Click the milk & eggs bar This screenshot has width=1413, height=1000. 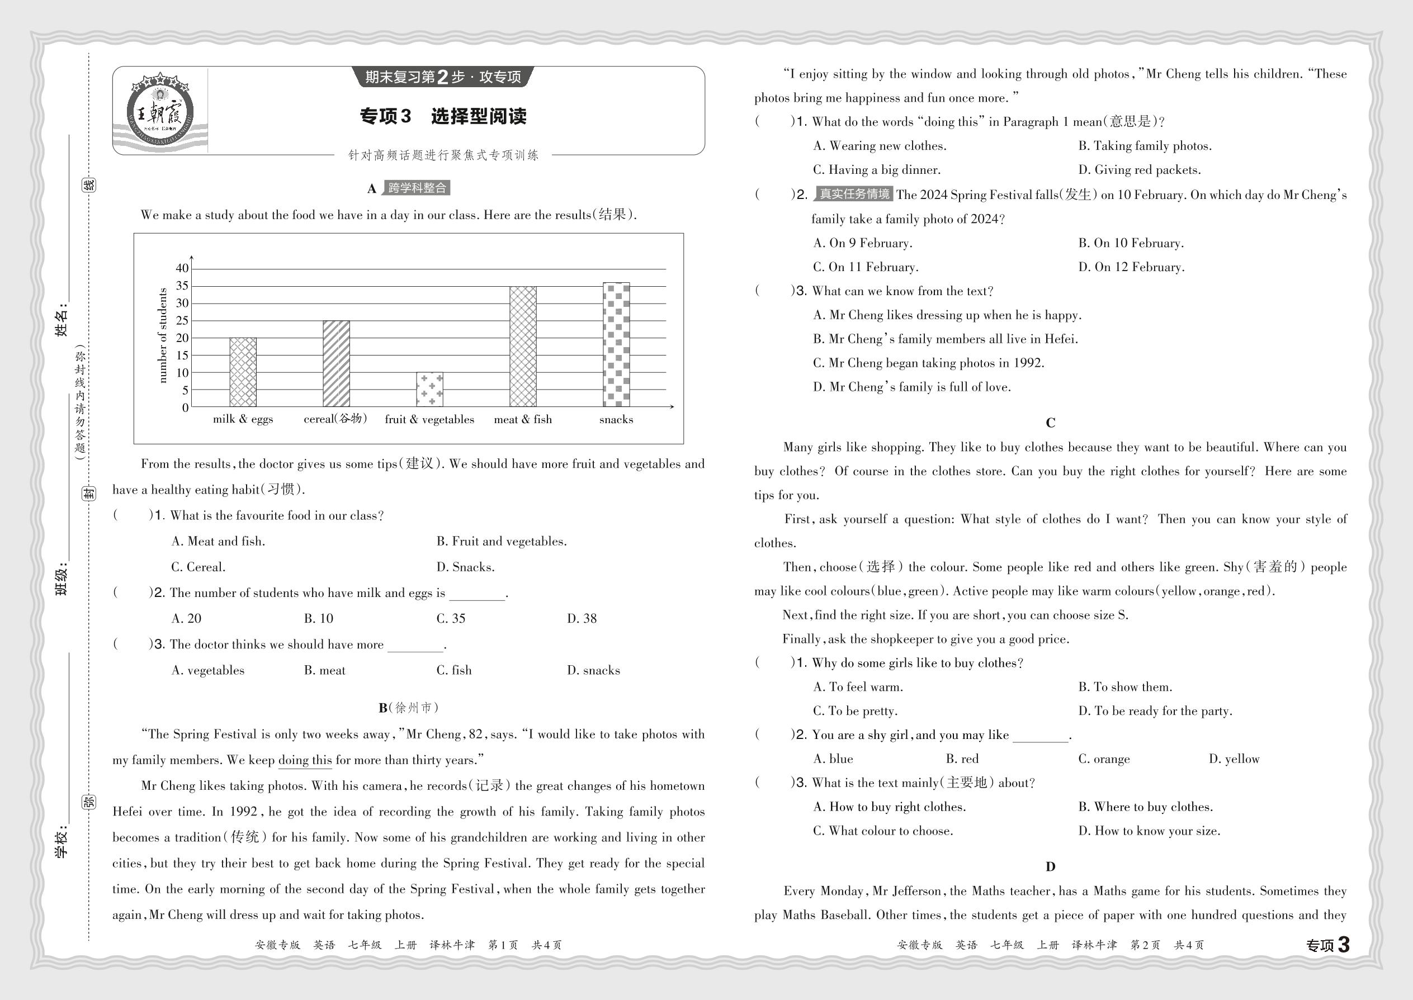243,372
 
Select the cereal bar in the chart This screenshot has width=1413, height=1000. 335,363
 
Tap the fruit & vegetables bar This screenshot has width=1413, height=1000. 429,389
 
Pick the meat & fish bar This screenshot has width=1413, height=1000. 522,346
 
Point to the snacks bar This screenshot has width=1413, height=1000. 616,344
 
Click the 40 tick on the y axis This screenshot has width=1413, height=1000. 182,268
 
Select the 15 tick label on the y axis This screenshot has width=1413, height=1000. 182,356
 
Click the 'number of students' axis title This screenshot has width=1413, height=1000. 163,335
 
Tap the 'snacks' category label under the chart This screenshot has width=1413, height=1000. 616,419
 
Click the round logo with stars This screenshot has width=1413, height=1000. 160,111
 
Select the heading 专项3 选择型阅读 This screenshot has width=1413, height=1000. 443,116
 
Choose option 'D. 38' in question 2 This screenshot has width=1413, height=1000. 582,618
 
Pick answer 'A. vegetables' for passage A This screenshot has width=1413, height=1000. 207,670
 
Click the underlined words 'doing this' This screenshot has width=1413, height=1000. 305,760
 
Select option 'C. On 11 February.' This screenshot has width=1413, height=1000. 866,267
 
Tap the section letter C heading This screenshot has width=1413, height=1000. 1050,423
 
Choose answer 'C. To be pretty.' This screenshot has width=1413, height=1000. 855,710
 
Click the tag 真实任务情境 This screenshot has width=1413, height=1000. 853,195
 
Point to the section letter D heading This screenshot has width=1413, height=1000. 1050,866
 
